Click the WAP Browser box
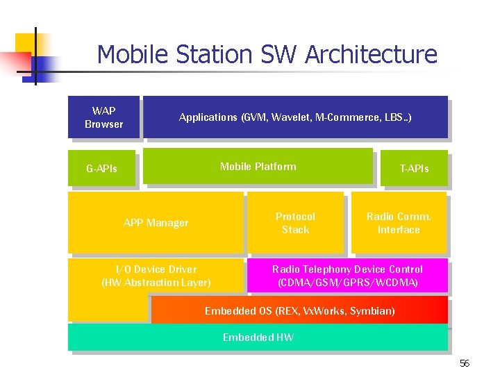pos(103,117)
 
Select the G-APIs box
pos(101,169)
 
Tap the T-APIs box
pos(414,169)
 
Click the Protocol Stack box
pos(295,223)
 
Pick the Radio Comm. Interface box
pos(399,223)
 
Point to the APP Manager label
pos(156,223)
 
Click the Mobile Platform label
pos(258,167)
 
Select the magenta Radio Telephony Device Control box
pos(347,276)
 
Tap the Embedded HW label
pos(258,337)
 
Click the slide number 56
pos(465,364)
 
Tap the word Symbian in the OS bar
pos(375,311)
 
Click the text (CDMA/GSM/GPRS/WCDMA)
pos(347,283)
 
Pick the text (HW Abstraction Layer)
pos(156,283)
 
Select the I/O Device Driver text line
pos(156,269)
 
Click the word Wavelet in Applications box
pos(292,117)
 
